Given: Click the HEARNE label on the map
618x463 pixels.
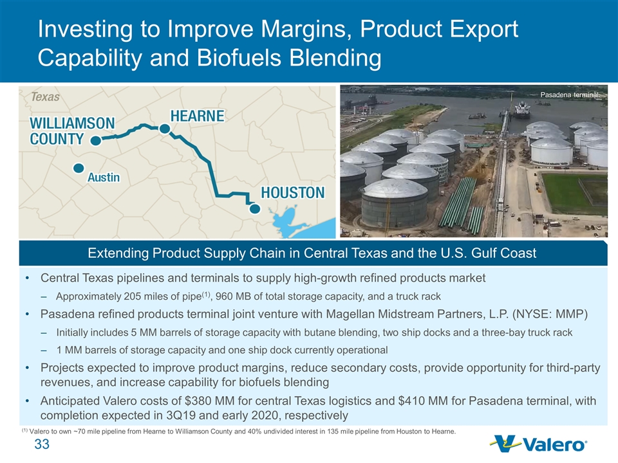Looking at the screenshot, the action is tap(197, 116).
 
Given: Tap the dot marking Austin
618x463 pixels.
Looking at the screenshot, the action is tap(79, 168).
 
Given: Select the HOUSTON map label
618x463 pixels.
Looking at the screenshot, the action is tap(293, 192).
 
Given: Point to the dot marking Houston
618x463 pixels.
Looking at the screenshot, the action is tap(255, 208).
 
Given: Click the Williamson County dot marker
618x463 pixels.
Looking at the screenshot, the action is tap(96, 141).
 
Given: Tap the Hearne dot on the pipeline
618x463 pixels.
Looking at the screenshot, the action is tap(165, 129).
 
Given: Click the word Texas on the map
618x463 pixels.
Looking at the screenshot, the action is tap(45, 97).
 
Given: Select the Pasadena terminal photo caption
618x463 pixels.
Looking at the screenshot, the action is tap(570, 95).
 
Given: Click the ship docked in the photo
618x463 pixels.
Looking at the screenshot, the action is tap(522, 110).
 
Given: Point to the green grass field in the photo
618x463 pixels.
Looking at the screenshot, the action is tap(574, 194).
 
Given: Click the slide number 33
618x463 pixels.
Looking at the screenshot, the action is tap(42, 444).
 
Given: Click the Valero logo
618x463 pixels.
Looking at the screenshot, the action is tap(539, 444).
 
